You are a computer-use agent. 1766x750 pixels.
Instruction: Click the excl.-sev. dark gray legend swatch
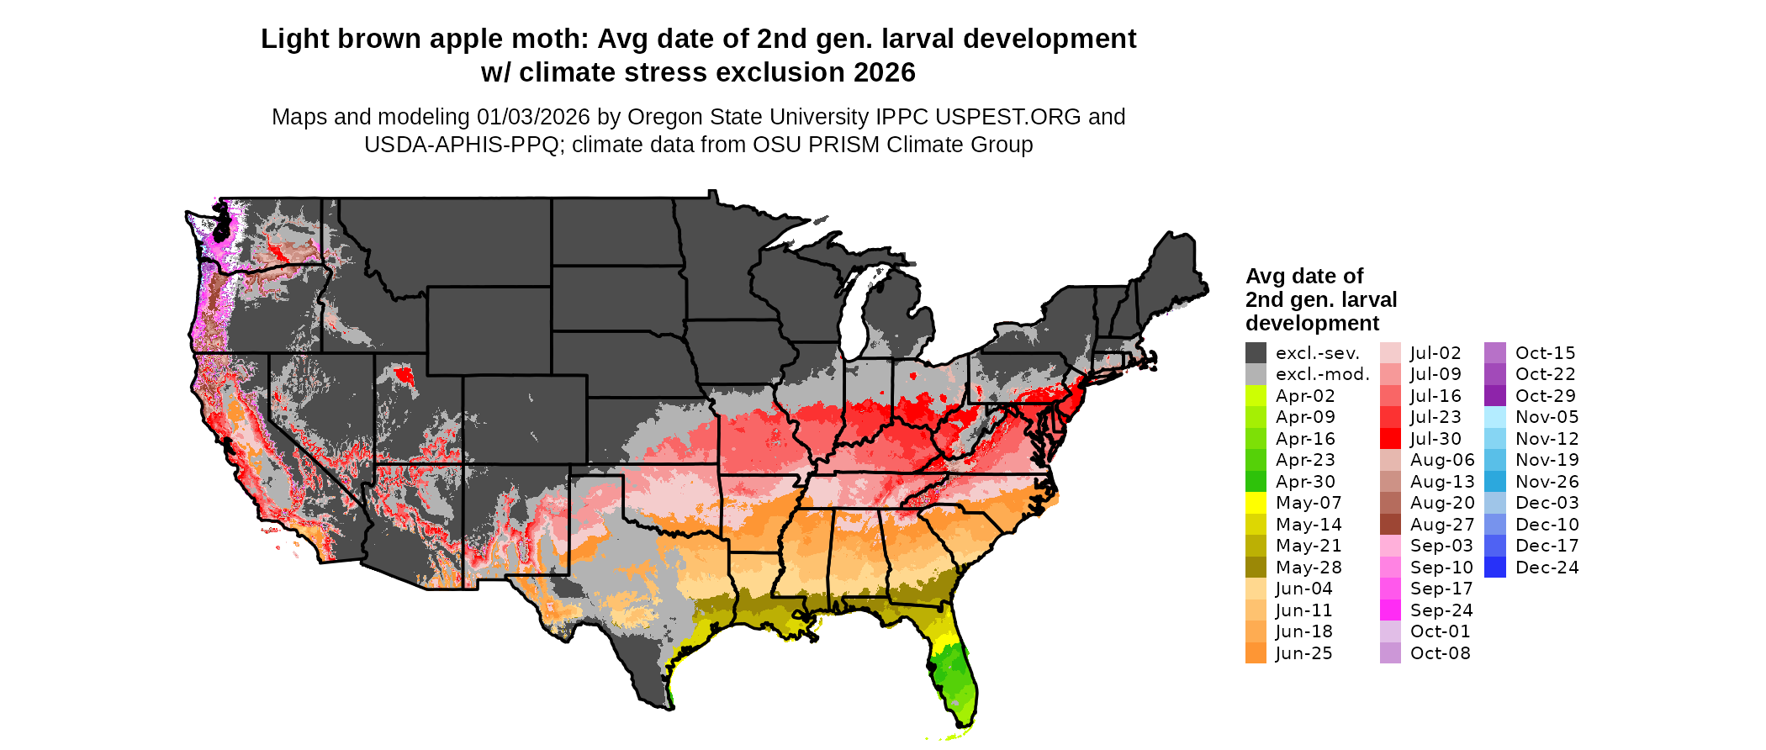pyautogui.click(x=1256, y=353)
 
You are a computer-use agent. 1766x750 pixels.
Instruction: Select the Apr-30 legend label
pyautogui.click(x=1305, y=482)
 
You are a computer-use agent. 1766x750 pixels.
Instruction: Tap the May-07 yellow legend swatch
pyautogui.click(x=1256, y=503)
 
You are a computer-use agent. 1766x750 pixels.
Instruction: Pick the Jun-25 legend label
pyautogui.click(x=1303, y=653)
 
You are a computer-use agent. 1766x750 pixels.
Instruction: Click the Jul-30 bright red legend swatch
pyautogui.click(x=1390, y=439)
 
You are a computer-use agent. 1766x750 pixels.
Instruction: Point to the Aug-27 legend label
pyautogui.click(x=1442, y=525)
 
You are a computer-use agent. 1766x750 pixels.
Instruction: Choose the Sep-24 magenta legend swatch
pyautogui.click(x=1390, y=610)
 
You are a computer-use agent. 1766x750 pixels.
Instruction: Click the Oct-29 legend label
pyautogui.click(x=1545, y=396)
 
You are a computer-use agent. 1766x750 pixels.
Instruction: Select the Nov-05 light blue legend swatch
pyautogui.click(x=1495, y=417)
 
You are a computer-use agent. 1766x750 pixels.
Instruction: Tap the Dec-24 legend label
pyautogui.click(x=1547, y=568)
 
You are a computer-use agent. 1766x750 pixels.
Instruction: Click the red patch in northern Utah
pyautogui.click(x=404, y=374)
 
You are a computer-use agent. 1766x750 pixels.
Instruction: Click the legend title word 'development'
pyautogui.click(x=1312, y=324)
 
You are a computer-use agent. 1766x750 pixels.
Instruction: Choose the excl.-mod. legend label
pyautogui.click(x=1322, y=375)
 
